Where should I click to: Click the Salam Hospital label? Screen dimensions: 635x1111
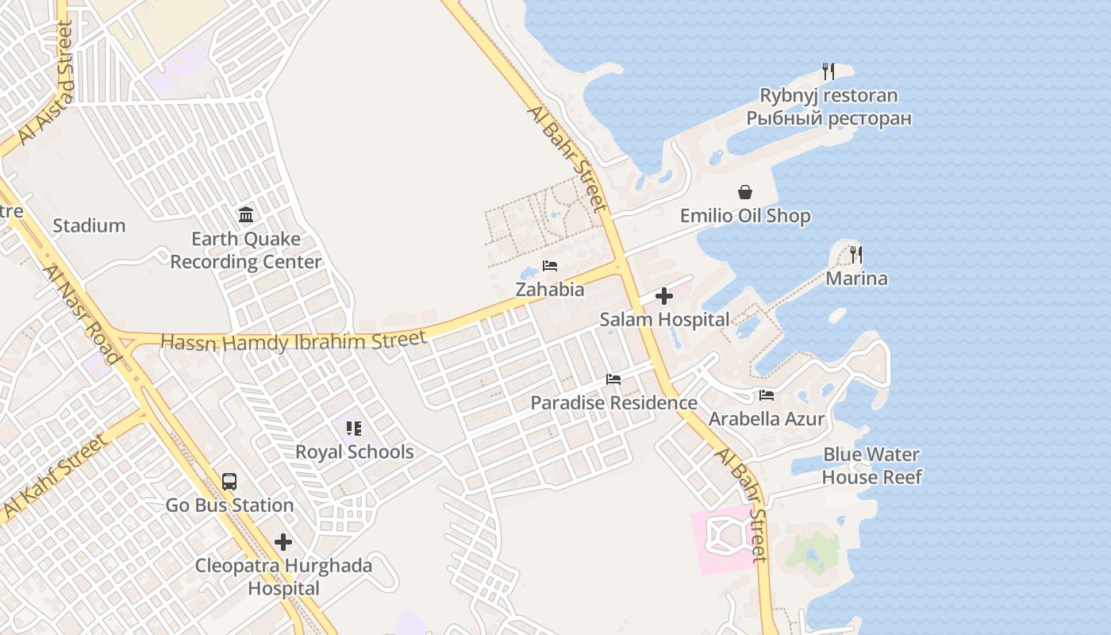pos(664,319)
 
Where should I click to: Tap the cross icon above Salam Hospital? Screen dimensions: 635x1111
pos(664,296)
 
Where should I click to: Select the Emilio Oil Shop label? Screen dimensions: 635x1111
pos(745,216)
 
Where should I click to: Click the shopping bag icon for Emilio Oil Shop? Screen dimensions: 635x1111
pos(745,192)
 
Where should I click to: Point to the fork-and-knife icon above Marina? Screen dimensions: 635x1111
pos(855,255)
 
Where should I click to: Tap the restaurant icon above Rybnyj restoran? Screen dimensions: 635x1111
pos(828,71)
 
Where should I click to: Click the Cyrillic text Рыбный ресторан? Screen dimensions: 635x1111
pos(828,119)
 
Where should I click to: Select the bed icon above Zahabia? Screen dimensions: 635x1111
pos(550,266)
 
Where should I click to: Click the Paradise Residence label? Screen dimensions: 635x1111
pos(613,402)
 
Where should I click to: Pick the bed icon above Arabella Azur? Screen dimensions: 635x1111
pos(766,395)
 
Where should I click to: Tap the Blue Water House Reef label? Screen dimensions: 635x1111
pos(871,466)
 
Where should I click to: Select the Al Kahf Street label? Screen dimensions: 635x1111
pos(55,477)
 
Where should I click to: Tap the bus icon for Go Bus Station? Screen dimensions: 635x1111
pos(229,481)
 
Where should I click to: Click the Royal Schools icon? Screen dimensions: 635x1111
pos(354,429)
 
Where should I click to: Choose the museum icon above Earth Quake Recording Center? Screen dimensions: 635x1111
pos(246,214)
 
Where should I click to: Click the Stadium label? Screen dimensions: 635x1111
pos(89,225)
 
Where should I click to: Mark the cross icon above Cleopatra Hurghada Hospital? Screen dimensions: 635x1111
pos(283,542)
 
